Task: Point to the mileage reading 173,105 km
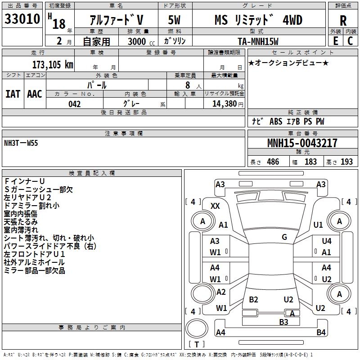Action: click(52, 65)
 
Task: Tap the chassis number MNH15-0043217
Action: click(302, 143)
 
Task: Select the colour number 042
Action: click(75, 104)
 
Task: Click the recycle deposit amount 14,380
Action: click(222, 104)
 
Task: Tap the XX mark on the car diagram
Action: click(215, 206)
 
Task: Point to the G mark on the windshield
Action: click(284, 237)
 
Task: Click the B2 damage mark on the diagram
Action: click(253, 300)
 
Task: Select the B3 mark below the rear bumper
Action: click(283, 322)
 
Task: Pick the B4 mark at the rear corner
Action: click(321, 333)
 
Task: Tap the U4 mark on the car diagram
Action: click(326, 242)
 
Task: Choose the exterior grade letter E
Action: click(335, 41)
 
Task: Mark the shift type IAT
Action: click(13, 94)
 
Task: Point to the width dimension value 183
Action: click(311, 162)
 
